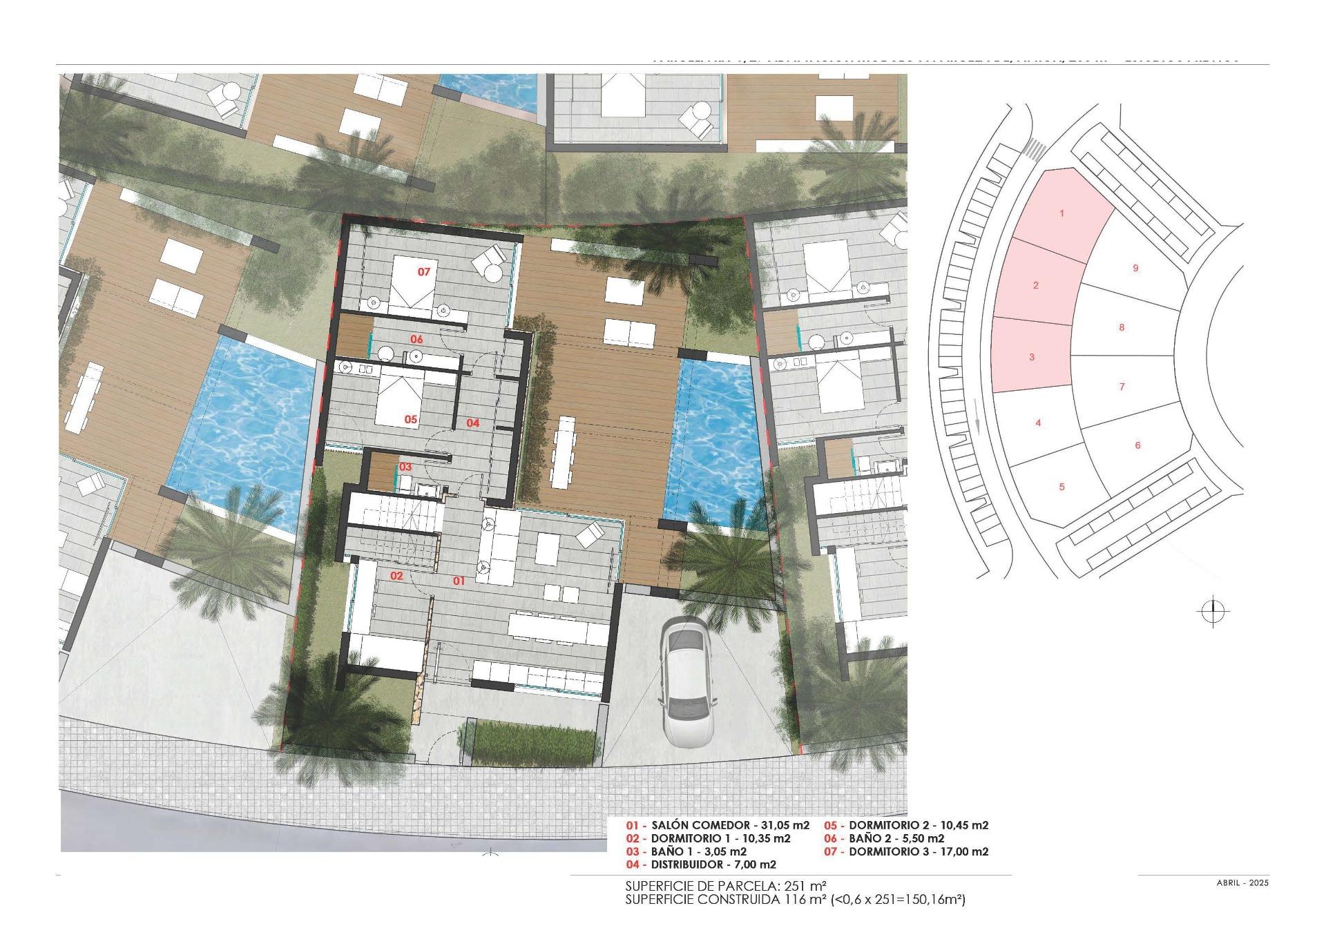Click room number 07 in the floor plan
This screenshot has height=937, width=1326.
point(424,272)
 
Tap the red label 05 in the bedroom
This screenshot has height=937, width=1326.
point(411,419)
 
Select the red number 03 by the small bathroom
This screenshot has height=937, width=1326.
point(405,467)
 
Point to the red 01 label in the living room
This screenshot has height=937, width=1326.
point(459,581)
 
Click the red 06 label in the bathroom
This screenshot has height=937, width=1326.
point(416,340)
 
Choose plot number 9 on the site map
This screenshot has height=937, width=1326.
point(1135,269)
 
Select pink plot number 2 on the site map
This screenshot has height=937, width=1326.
point(1035,285)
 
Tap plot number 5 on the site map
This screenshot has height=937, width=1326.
point(1061,487)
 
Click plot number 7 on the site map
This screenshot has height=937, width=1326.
point(1122,387)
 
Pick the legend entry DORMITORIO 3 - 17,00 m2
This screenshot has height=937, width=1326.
point(907,852)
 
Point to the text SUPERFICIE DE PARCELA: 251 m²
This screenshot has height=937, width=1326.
point(726,886)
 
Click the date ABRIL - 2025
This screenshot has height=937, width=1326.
point(1242,882)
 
